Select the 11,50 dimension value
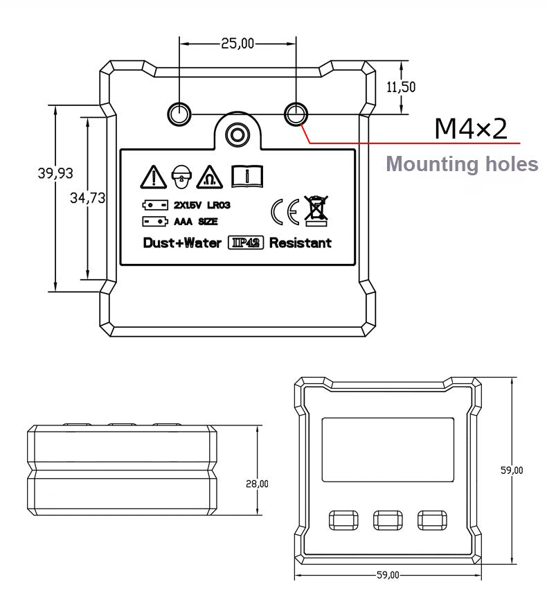400,87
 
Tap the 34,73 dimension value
88,198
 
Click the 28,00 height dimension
257,484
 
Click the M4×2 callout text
471,128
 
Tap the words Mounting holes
461,165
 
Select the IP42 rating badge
244,243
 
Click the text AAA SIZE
195,222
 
